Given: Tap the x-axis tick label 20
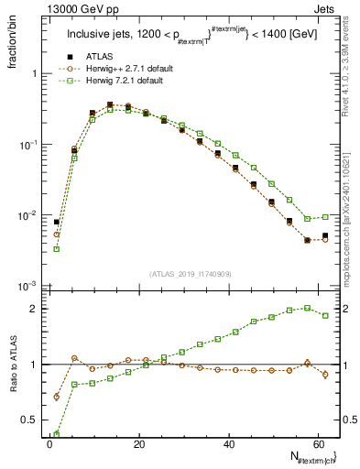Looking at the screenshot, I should (x=138, y=444).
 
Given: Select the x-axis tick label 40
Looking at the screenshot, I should (x=228, y=444).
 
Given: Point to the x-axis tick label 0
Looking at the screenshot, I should (x=49, y=444).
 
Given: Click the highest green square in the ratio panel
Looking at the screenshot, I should (x=307, y=308).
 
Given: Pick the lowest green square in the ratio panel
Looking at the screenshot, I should (x=57, y=435).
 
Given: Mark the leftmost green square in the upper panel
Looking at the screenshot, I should (x=57, y=248).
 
